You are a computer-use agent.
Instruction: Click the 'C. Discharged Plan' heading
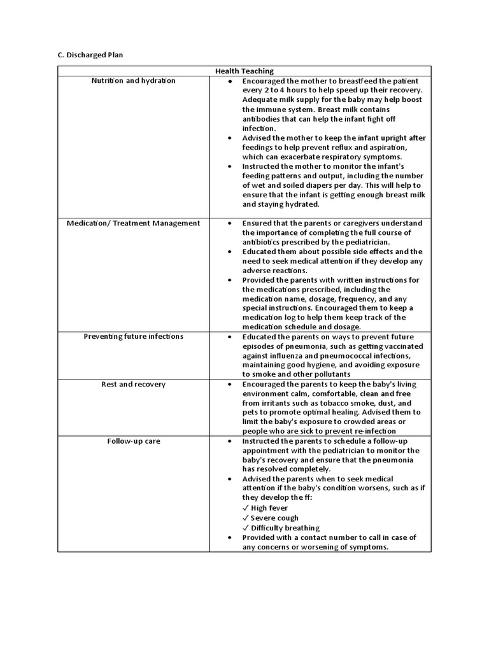(90, 55)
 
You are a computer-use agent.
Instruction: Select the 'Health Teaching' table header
(244, 71)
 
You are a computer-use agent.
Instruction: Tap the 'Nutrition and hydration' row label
(133, 81)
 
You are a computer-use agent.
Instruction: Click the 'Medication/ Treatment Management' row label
(133, 223)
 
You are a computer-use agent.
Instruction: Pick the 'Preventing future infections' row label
(133, 336)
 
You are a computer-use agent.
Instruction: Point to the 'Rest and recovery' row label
(133, 384)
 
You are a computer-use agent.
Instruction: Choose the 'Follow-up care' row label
(133, 441)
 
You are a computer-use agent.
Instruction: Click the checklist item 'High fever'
(269, 508)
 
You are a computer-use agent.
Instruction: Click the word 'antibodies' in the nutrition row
(262, 119)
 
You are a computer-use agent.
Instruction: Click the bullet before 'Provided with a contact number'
(229, 537)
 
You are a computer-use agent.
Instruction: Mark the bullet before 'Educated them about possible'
(229, 252)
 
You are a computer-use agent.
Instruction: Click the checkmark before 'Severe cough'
(246, 518)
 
